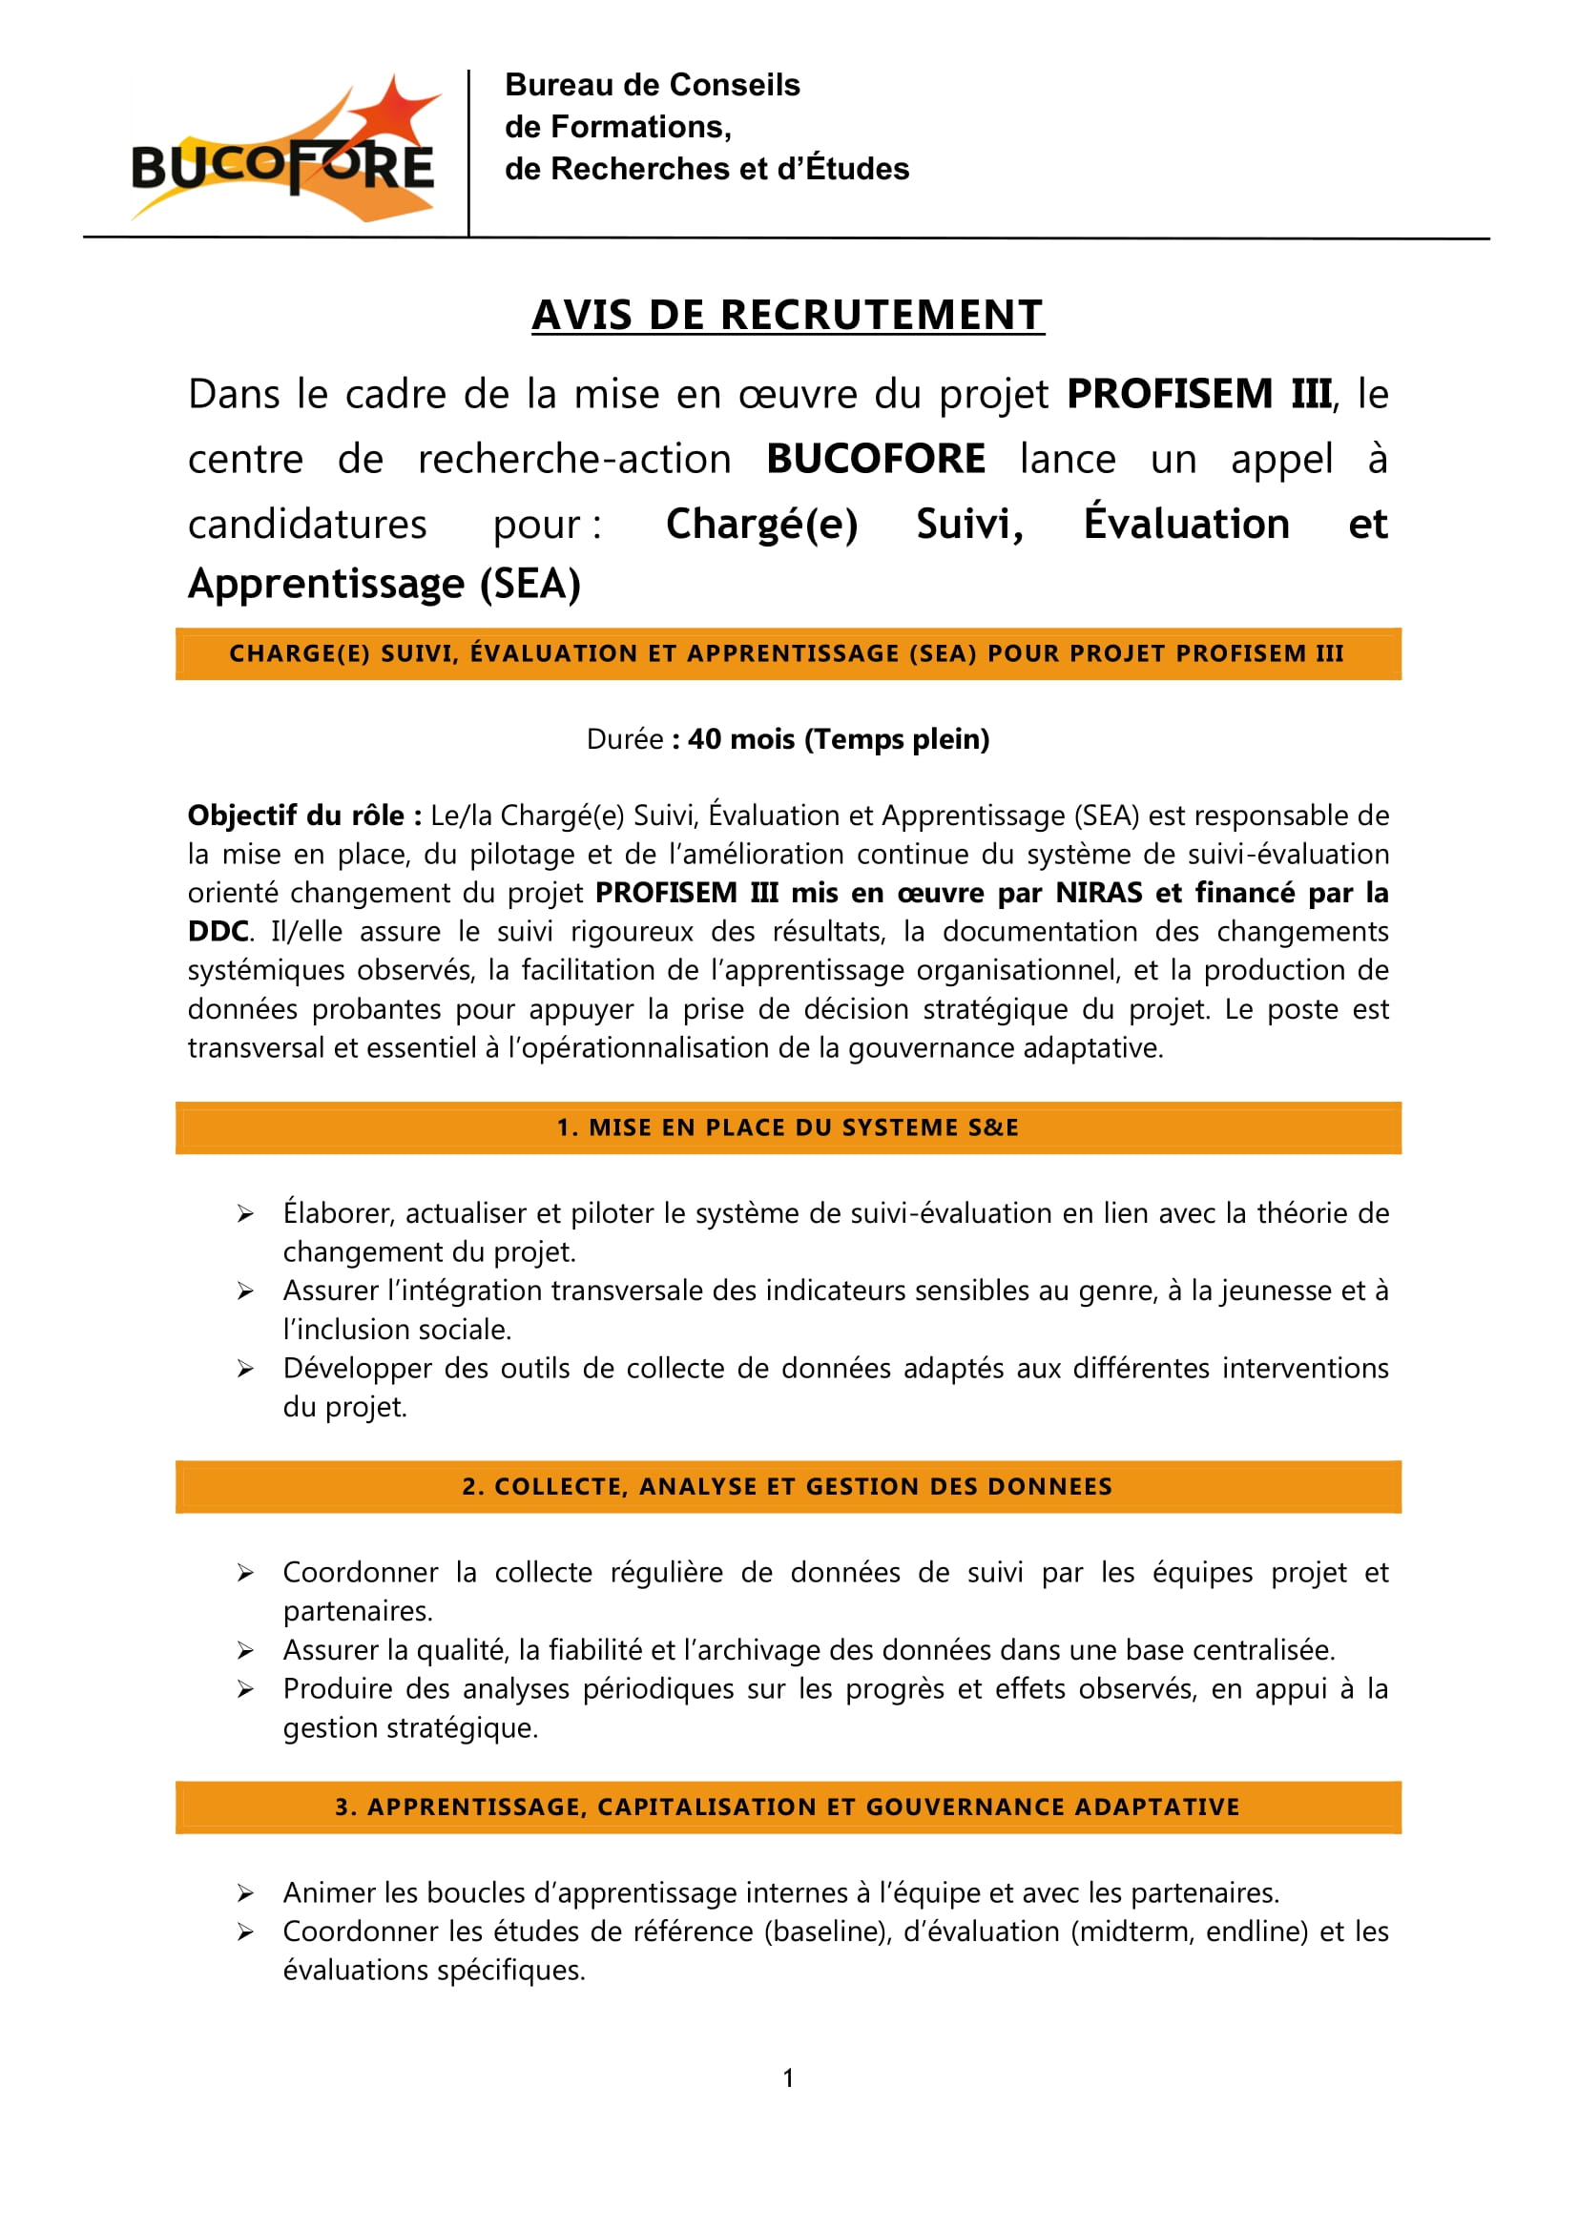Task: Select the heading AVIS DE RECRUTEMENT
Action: (787, 316)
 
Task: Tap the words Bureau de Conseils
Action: (652, 86)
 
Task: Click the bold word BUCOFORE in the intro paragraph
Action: (876, 459)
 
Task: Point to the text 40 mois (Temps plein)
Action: (838, 739)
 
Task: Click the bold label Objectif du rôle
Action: (304, 816)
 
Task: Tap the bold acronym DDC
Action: (218, 931)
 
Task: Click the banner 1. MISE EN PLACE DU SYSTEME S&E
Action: (787, 1127)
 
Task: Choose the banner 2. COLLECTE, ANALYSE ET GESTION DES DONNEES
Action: (787, 1487)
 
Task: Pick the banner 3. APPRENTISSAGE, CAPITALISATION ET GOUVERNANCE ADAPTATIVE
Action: (787, 1808)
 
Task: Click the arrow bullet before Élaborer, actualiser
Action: (246, 1213)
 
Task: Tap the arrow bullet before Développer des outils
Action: (246, 1369)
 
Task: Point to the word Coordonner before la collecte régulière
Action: (360, 1572)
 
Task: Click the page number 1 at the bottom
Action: (788, 2078)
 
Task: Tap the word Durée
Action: (625, 739)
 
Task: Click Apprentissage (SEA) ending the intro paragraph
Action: (384, 584)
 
